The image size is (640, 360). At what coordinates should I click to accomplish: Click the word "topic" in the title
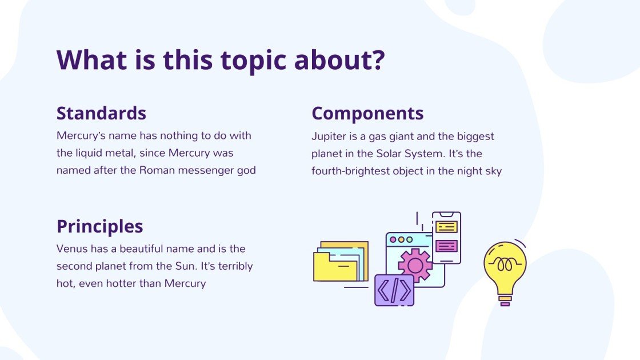click(254, 60)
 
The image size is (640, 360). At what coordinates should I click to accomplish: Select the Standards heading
click(101, 113)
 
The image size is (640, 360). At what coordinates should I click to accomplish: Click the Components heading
click(367, 113)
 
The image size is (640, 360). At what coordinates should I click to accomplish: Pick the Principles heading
click(99, 226)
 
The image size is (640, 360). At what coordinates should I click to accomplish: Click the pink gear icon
click(415, 265)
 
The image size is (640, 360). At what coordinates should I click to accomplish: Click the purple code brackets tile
click(394, 290)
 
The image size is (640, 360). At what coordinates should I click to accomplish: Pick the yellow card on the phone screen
click(446, 227)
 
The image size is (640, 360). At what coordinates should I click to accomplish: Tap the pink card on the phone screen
click(446, 246)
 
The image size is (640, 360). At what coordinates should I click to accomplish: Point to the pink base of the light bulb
click(505, 304)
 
